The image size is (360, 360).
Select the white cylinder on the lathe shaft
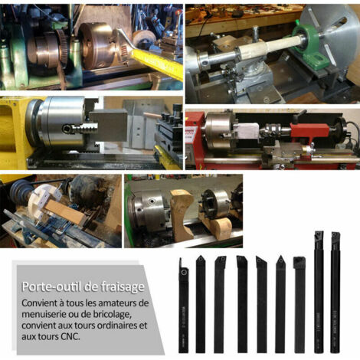coord(270,47)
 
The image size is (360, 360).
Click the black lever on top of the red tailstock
coord(299,116)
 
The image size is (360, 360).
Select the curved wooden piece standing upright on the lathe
coord(182,215)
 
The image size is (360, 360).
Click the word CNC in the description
coord(70,336)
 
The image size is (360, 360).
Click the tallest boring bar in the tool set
coord(319,291)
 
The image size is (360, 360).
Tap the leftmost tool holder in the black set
coord(183,306)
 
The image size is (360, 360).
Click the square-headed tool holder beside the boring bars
coord(299,305)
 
